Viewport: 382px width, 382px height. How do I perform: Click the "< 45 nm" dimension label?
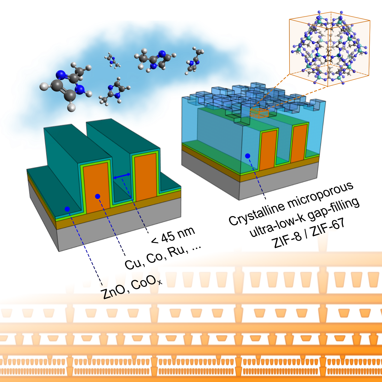(173, 235)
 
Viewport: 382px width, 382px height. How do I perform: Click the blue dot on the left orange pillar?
(97, 196)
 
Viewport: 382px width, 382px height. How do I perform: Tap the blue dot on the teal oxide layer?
(67, 209)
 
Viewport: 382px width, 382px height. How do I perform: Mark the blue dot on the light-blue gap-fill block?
(247, 156)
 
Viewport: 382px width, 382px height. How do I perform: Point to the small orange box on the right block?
(259, 113)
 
